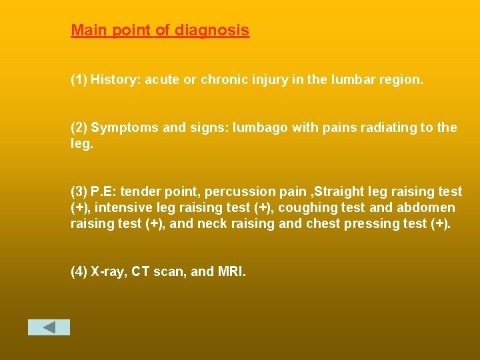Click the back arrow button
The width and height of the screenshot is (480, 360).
pos(49,327)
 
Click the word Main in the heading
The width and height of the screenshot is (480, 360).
pos(87,31)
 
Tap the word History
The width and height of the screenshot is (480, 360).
pos(115,80)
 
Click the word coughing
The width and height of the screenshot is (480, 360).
pos(307,208)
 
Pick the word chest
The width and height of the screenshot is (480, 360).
pos(323,224)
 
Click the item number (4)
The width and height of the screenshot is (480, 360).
pos(79,272)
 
